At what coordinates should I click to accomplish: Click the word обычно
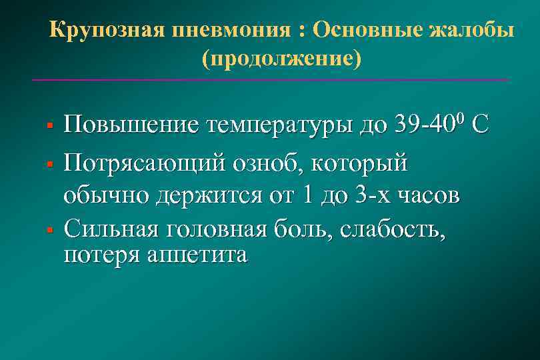(x=107, y=198)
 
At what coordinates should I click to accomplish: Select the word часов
(x=427, y=198)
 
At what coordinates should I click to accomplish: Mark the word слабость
(x=391, y=230)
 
